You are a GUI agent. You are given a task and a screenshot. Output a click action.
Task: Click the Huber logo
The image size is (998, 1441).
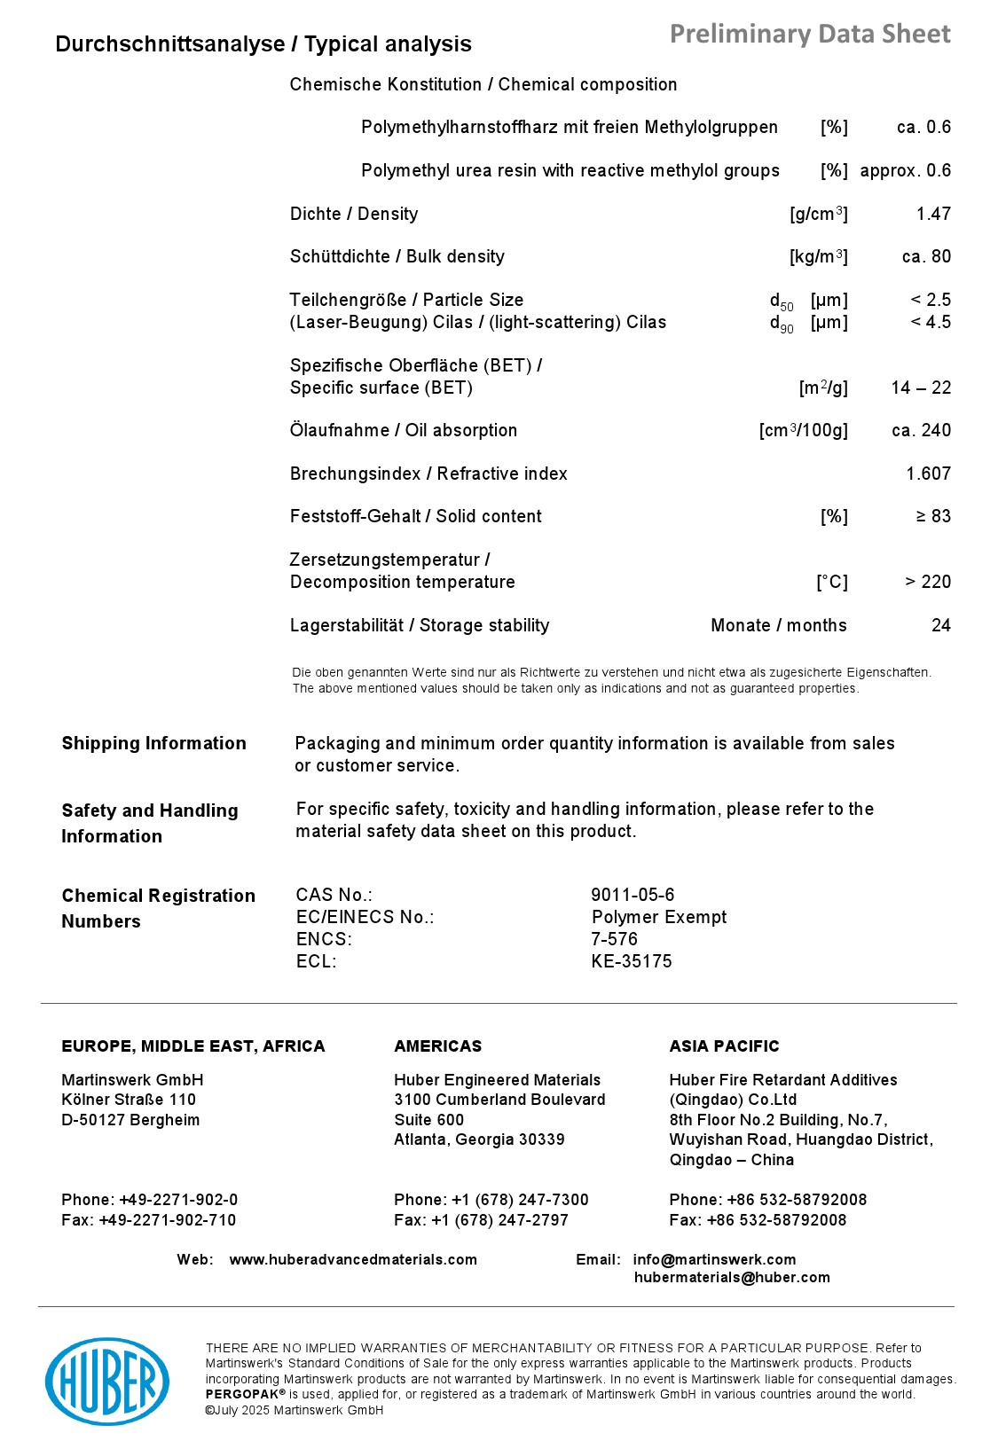point(107,1381)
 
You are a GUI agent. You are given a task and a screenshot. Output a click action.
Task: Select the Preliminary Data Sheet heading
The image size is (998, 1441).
point(809,34)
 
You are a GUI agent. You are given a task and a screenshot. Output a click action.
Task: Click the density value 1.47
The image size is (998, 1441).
point(933,214)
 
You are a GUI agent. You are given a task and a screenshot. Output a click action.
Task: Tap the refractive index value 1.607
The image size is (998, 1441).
point(928,474)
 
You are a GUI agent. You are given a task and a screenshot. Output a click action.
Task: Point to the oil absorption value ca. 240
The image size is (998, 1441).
point(921,430)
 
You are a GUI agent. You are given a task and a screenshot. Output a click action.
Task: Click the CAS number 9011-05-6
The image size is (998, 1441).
point(633,895)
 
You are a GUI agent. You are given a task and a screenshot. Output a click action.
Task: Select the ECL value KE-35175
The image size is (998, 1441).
point(632,961)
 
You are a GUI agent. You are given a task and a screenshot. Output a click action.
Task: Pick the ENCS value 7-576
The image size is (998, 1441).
point(614,939)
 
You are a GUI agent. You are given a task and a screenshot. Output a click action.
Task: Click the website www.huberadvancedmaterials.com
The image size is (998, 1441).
point(353,1259)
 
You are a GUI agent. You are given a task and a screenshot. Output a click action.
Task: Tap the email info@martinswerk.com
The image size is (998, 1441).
point(714,1259)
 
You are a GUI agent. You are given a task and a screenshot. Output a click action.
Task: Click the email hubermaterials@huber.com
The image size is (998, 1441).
point(732,1277)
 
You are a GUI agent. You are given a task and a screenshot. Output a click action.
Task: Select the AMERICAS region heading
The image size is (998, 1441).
point(437,1046)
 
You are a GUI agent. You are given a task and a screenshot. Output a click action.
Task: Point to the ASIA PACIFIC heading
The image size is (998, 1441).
point(724,1046)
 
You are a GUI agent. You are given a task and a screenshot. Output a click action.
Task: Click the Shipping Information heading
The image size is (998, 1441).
point(153,743)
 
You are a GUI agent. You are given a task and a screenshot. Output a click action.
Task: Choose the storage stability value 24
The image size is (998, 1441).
point(940,625)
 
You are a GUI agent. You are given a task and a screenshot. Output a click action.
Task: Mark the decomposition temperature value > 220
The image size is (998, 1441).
point(927,582)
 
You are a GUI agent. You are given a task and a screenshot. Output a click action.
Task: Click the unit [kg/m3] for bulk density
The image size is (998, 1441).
point(818,257)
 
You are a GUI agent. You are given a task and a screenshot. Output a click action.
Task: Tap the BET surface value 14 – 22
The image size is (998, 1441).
point(921,388)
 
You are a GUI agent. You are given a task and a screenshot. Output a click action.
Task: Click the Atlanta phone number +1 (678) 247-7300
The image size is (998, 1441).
point(520,1200)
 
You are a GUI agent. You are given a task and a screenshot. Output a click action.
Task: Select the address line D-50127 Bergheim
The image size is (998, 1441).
point(130,1120)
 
